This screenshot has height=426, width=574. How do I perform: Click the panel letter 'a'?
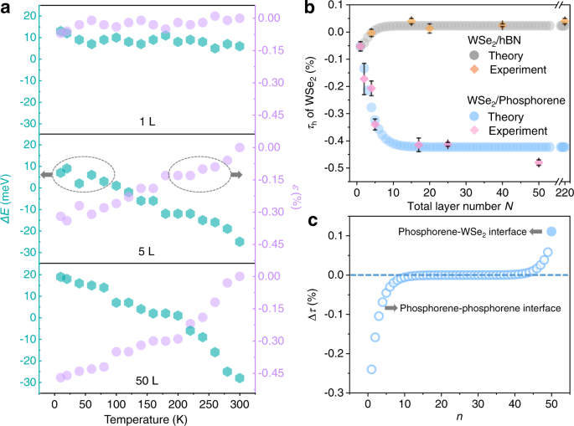click(7, 8)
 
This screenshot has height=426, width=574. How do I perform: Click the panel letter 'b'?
click(309, 8)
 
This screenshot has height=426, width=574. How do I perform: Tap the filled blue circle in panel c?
click(551, 232)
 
